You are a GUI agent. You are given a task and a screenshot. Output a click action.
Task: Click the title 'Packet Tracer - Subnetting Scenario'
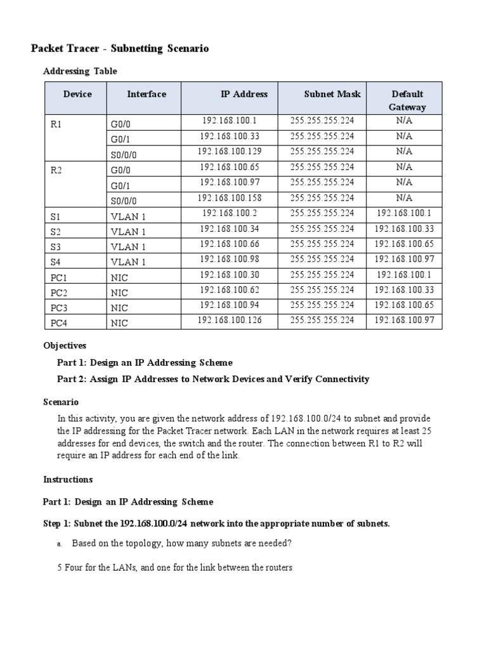(120, 48)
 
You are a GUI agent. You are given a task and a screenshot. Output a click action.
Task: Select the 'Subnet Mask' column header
(332, 94)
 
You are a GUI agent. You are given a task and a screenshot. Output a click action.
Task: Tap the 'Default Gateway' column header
(407, 100)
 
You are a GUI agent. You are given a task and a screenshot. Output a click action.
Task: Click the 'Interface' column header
(146, 94)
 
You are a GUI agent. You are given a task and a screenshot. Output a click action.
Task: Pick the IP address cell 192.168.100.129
(229, 152)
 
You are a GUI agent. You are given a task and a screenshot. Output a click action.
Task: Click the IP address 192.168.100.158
(229, 197)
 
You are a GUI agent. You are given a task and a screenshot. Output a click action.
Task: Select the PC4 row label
(58, 323)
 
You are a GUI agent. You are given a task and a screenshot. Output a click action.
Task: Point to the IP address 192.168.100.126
(229, 321)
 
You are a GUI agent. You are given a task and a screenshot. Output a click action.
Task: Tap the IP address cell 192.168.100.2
(229, 213)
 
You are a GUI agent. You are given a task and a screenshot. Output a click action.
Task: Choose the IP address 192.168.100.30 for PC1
(229, 275)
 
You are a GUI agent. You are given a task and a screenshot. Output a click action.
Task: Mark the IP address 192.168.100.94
(229, 305)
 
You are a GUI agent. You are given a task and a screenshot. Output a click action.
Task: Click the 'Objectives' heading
(65, 346)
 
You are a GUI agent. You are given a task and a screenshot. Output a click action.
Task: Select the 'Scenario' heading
(61, 402)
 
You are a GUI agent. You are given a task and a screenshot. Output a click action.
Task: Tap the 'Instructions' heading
(68, 479)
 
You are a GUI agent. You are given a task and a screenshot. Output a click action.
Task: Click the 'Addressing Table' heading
(80, 71)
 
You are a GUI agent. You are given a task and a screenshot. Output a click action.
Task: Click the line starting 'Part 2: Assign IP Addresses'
(213, 379)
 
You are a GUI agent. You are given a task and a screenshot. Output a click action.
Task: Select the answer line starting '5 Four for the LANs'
(174, 567)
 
